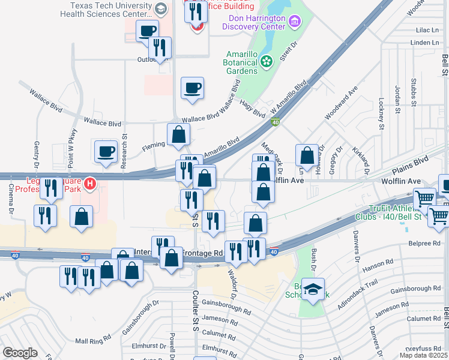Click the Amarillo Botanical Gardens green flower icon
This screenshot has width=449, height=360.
267,60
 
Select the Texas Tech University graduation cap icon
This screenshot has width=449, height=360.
160,8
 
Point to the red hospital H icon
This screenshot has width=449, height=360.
89,183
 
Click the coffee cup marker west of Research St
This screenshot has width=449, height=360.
106,151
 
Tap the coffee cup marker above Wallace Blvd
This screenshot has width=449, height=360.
192,88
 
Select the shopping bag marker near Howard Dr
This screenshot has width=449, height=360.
307,155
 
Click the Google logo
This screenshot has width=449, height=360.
20,352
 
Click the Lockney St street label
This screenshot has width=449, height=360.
382,114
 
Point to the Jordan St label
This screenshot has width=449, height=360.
397,100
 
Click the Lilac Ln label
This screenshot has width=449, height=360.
427,29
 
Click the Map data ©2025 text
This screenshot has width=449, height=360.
423,355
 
